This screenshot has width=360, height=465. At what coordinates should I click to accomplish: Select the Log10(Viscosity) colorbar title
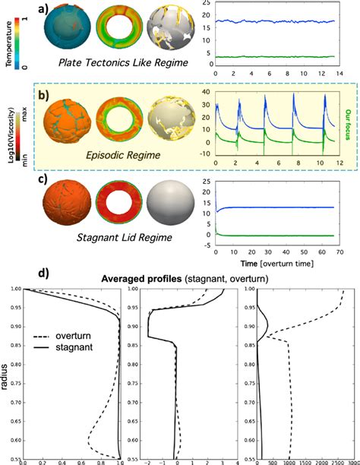pos(5,141)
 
